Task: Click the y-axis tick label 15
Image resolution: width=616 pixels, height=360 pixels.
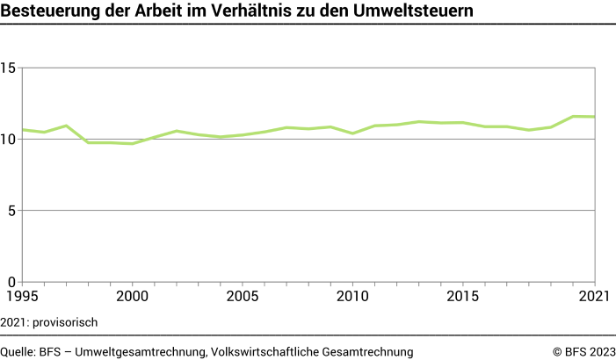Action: pyautogui.click(x=10, y=68)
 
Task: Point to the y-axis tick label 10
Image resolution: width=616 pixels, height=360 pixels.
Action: pyautogui.click(x=10, y=139)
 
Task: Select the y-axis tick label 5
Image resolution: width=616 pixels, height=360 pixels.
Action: pyautogui.click(x=13, y=211)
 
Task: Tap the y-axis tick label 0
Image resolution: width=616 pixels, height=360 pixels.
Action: pyautogui.click(x=13, y=282)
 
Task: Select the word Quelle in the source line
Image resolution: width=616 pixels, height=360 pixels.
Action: pyautogui.click(x=18, y=351)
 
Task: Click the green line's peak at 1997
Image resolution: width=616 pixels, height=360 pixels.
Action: pyautogui.click(x=66, y=126)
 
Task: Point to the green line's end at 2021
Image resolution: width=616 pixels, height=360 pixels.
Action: pyautogui.click(x=595, y=117)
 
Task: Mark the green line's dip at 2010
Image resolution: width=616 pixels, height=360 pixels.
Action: pyautogui.click(x=352, y=133)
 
